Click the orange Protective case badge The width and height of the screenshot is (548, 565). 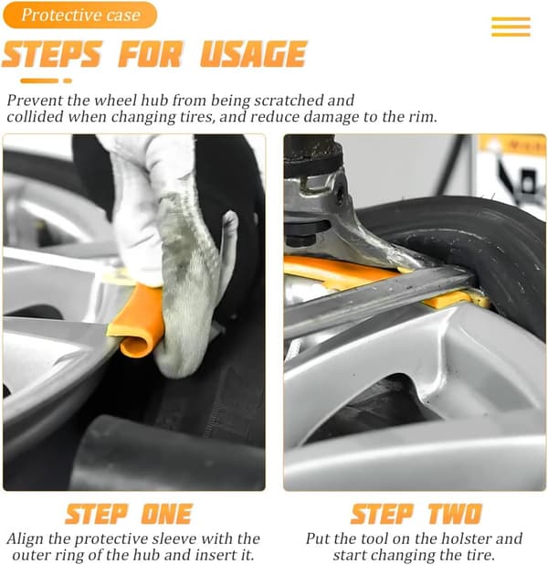point(80,15)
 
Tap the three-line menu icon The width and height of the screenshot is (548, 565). point(511,27)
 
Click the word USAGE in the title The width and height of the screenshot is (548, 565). point(253,54)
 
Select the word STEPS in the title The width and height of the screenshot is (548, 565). point(52,54)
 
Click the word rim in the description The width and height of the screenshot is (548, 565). point(425,117)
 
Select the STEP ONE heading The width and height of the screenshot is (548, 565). point(129,514)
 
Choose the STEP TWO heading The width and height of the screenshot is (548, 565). point(416,514)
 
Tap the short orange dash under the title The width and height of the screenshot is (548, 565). point(68,80)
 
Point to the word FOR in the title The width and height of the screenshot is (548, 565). point(151,54)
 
